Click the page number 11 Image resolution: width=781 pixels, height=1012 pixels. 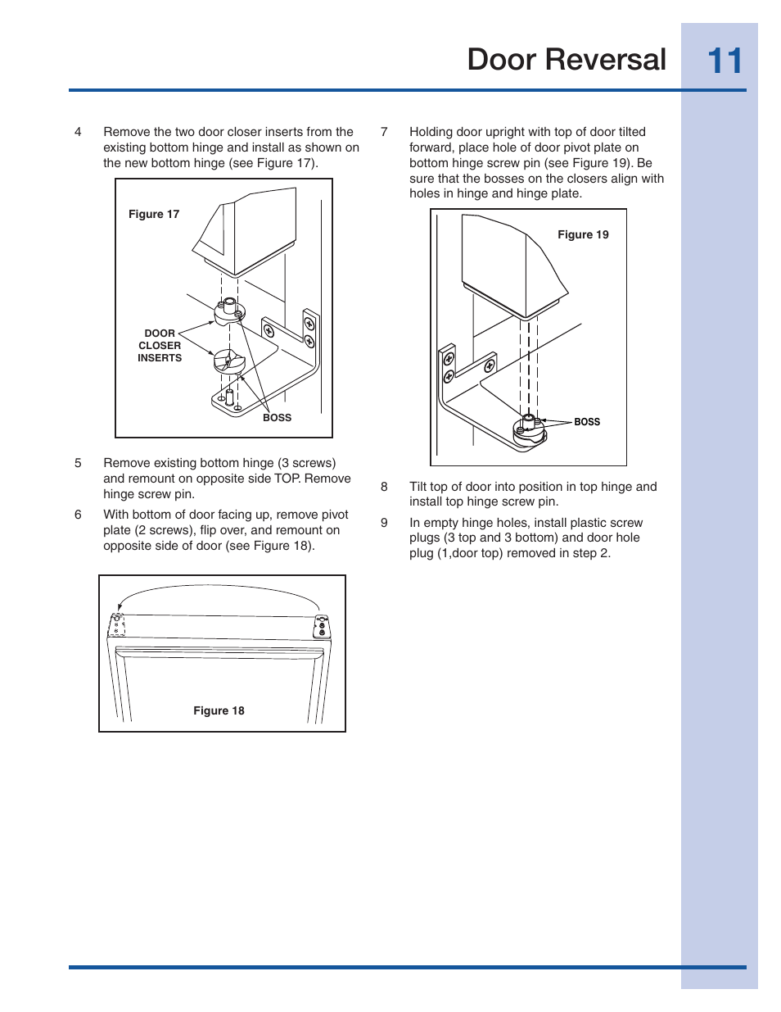(x=724, y=61)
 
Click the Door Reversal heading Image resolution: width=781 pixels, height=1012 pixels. (x=567, y=60)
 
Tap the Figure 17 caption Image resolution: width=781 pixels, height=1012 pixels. (x=154, y=214)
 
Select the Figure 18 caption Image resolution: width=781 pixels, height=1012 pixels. (x=219, y=710)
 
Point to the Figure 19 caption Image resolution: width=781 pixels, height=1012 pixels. (x=583, y=234)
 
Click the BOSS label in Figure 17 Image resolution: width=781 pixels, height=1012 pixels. (x=277, y=418)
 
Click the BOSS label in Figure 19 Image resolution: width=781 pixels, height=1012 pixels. (x=587, y=422)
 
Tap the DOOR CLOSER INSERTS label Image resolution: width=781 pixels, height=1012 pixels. (x=160, y=346)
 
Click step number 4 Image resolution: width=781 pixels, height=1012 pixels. (x=78, y=132)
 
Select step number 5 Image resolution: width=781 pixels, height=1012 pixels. (x=78, y=463)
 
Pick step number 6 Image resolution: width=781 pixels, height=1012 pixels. (x=78, y=515)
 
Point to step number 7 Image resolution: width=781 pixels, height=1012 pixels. (x=384, y=132)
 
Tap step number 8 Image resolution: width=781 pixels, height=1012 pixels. (x=384, y=487)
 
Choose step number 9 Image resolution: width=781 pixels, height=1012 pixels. (x=384, y=523)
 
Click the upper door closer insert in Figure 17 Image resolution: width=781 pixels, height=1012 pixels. (x=229, y=312)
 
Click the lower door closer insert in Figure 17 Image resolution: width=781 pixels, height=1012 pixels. (x=228, y=361)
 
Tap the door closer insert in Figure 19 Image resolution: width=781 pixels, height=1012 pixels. (x=529, y=430)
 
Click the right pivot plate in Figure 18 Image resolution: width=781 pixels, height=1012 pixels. (x=322, y=627)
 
